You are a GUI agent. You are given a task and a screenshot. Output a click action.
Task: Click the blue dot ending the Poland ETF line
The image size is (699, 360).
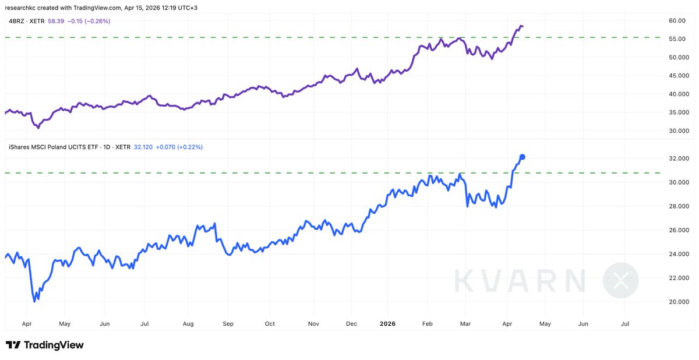click(x=523, y=157)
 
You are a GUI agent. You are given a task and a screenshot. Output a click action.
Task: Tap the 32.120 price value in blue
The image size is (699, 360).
click(x=143, y=147)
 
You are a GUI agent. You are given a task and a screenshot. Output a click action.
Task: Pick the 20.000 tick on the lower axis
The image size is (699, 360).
click(x=679, y=302)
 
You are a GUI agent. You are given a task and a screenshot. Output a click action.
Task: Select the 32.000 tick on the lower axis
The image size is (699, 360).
click(x=679, y=158)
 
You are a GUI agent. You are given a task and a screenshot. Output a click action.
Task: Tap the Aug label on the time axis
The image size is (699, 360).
click(x=188, y=323)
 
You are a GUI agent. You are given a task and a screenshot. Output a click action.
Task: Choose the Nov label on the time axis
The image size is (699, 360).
click(x=313, y=323)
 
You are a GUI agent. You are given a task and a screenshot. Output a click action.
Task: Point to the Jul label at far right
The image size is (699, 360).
click(x=625, y=323)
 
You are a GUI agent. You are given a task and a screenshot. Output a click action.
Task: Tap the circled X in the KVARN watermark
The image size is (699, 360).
click(x=620, y=280)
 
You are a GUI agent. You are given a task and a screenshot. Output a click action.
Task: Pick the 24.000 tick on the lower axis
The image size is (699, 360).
click(x=679, y=254)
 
